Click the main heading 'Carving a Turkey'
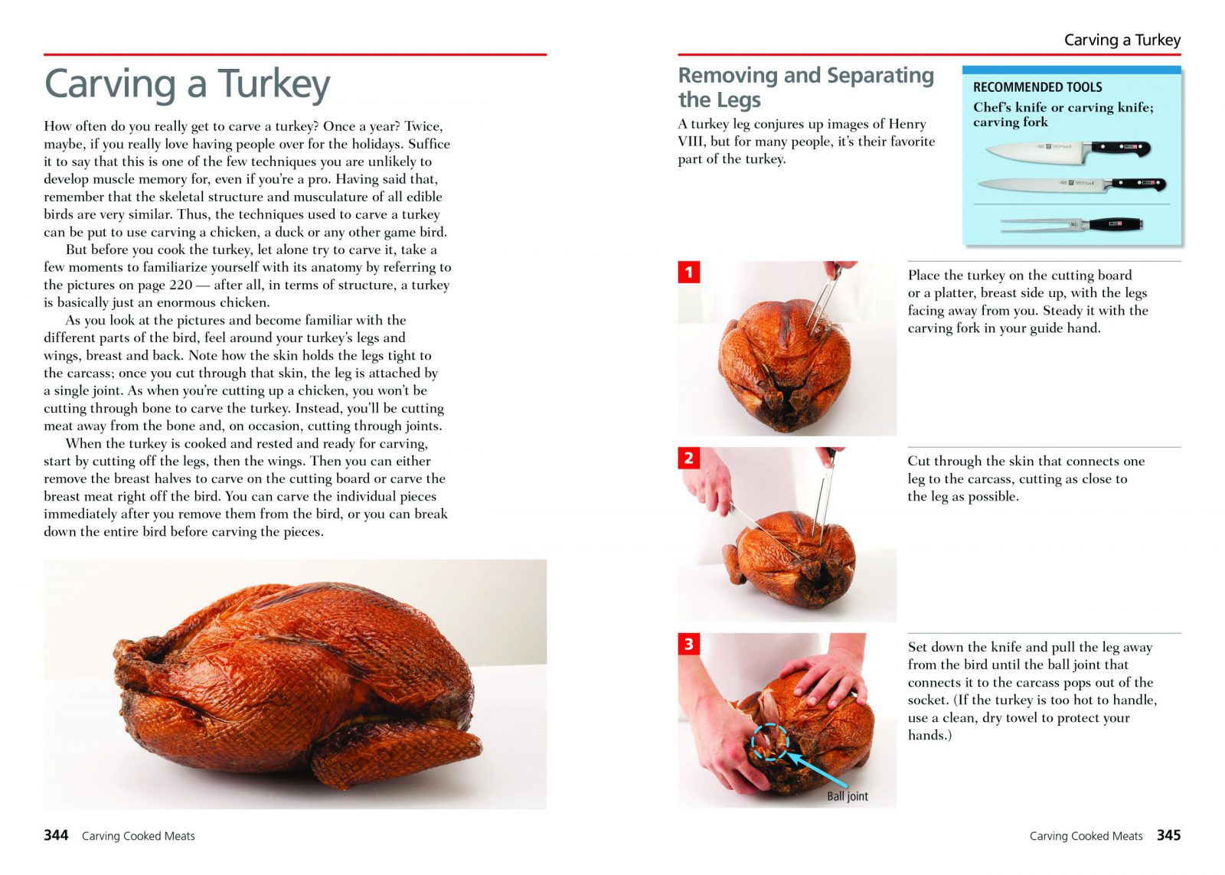coord(187,83)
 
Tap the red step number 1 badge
coord(688,272)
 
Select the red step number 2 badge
coord(688,458)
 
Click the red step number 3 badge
coord(688,644)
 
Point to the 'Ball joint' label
coord(847,796)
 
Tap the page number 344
coord(56,835)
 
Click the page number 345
coord(1168,835)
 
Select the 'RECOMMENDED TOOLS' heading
coord(1037,87)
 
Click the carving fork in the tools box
coord(1071,224)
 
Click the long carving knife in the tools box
coord(1071,184)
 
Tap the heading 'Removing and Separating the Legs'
coord(805,87)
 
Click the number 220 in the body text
coord(181,285)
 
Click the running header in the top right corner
coord(1122,40)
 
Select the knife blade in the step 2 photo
coord(763,531)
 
